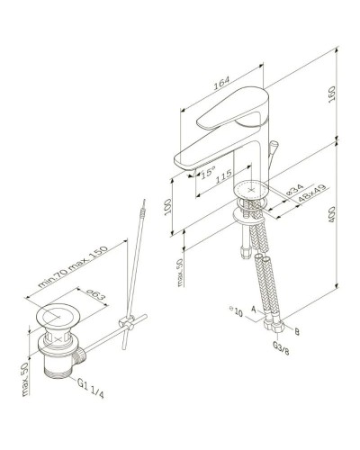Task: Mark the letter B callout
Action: [x=297, y=331]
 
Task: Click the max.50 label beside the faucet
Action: [x=180, y=267]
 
